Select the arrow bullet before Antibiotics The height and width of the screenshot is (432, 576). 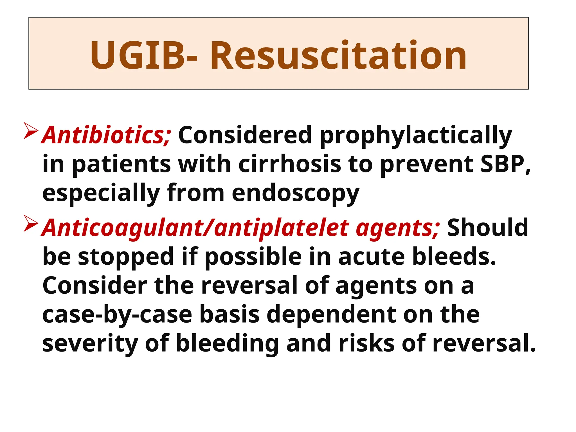31,131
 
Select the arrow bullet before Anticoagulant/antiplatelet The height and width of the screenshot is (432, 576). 31,223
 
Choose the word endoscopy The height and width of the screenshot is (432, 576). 295,193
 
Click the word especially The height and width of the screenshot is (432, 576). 101,193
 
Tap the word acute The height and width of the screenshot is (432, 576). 371,256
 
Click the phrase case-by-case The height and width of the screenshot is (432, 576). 117,315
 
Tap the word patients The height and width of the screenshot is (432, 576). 121,165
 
